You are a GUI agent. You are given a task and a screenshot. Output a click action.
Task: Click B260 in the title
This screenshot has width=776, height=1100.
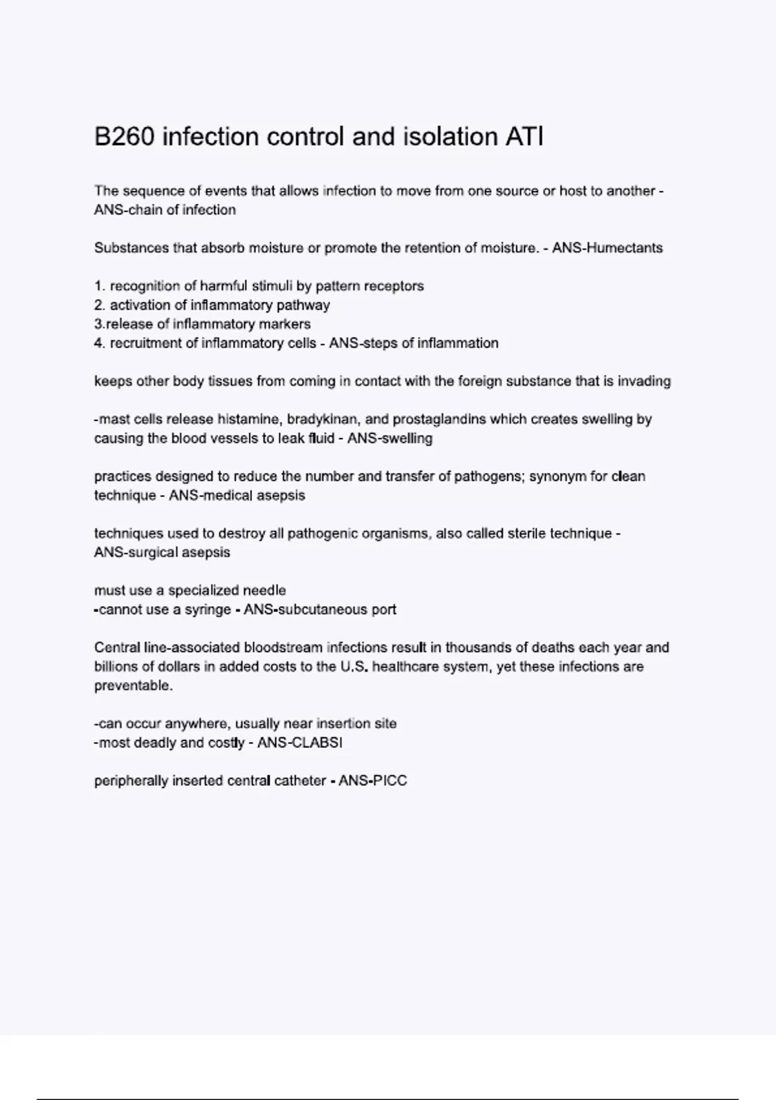point(124,137)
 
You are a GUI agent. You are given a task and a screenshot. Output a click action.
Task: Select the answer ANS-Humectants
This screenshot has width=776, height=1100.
point(607,248)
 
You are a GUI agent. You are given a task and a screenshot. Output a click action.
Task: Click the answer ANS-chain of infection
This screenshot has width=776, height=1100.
point(165,210)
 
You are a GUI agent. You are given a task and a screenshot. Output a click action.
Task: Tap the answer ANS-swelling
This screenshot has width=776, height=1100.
point(390,439)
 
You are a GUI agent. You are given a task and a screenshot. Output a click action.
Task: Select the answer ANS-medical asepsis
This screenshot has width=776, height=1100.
point(237,496)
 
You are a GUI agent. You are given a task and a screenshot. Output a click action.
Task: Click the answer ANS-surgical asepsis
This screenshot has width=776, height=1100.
point(162,553)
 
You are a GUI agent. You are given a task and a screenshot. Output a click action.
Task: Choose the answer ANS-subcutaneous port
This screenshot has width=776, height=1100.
point(320,610)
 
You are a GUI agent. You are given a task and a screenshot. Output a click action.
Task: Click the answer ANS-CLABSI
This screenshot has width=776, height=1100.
point(299,743)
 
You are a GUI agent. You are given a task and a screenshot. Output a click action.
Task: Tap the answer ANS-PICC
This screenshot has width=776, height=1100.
point(372,781)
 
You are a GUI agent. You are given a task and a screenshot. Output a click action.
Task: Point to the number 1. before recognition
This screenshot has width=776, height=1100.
point(100,286)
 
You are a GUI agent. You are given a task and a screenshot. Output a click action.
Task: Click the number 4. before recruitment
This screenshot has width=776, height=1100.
point(100,343)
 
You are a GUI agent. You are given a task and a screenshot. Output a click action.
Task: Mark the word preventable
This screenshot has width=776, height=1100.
point(133,686)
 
